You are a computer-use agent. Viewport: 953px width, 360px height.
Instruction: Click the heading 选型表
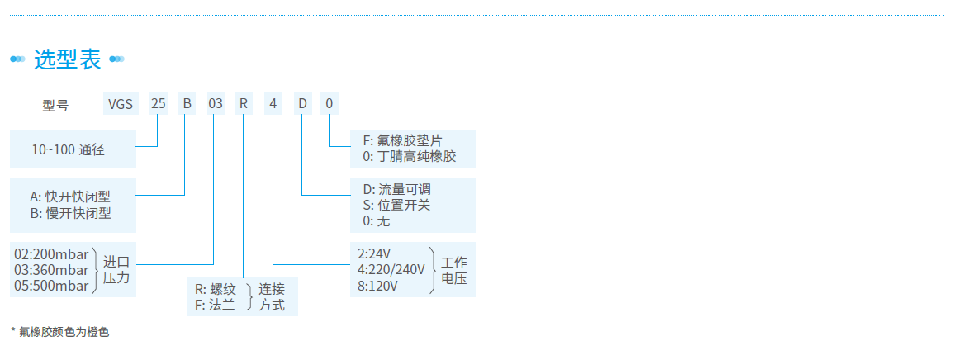point(67,59)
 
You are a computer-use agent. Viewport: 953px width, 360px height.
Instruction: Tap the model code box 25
point(158,104)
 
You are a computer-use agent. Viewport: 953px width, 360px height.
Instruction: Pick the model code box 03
point(215,104)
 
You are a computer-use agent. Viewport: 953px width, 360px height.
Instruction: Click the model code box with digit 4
point(273,104)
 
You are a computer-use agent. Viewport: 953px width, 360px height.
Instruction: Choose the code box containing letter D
point(302,104)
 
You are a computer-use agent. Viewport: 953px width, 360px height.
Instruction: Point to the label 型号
point(55,105)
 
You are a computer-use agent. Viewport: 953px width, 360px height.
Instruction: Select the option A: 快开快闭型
point(69,197)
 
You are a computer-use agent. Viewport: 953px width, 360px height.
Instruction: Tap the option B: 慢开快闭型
point(69,213)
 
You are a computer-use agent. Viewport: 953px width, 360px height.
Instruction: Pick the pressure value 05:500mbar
point(51,286)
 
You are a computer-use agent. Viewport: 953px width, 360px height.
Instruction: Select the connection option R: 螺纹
point(216,289)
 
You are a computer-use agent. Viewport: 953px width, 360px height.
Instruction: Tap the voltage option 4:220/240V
point(391,269)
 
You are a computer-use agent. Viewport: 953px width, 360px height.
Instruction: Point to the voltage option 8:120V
point(378,286)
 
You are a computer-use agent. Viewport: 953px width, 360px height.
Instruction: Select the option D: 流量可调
point(396,189)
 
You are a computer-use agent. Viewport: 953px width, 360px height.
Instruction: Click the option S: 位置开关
point(396,205)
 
